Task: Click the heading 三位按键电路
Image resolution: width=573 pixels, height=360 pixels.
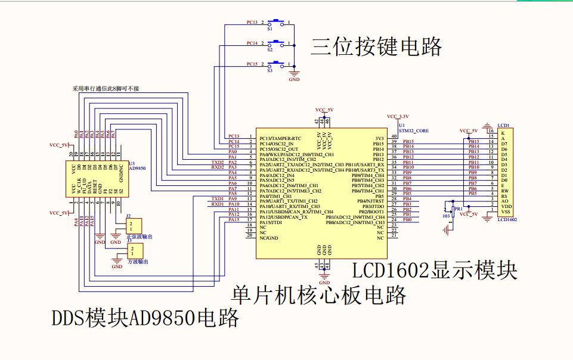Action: point(376,46)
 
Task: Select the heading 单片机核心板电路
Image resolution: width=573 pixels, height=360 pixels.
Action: point(319,294)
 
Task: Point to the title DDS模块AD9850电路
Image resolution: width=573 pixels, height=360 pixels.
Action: point(145,318)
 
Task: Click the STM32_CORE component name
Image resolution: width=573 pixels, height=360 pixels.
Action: point(413,130)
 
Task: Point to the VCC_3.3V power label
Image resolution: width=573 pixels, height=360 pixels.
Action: point(398,116)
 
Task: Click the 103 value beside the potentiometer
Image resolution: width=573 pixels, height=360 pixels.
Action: point(446,216)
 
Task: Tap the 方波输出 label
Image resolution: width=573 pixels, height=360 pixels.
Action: point(138,262)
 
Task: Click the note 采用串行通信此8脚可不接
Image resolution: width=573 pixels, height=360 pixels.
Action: point(106,89)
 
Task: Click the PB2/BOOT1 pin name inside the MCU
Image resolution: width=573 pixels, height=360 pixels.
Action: point(371,212)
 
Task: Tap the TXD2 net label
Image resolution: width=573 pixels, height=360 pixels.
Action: point(218,162)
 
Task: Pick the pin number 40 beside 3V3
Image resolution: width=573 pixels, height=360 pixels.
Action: point(394,136)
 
